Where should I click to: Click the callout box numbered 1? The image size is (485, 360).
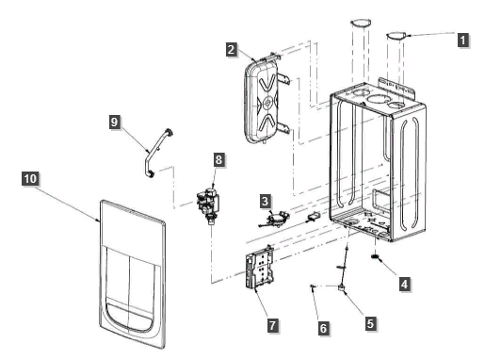pos(462,41)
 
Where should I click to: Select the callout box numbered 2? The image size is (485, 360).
pos(232,50)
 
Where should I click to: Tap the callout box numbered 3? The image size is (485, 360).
pos(266,201)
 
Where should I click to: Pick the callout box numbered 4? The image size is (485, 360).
pos(405,284)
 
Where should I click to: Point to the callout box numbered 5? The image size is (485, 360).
pos(370,323)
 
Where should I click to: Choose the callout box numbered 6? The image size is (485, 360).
pos(323,328)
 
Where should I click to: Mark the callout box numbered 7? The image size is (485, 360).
pos(272,325)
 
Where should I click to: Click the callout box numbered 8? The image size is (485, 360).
pos(218,159)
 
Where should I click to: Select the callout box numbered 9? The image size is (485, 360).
pos(114,122)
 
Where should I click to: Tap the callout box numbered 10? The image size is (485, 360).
pos(30,178)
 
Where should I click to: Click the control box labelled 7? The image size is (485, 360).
pos(260,268)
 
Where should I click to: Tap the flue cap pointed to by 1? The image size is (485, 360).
pos(396,36)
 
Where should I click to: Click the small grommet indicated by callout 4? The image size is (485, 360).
pos(375,257)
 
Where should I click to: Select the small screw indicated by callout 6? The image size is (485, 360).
pos(312,286)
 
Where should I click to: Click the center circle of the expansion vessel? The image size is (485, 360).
pos(267,102)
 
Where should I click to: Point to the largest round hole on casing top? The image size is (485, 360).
pos(377,100)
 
